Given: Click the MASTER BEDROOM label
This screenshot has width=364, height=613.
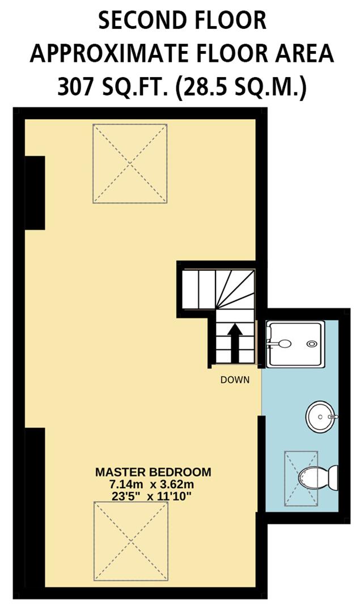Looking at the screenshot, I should pos(153,472).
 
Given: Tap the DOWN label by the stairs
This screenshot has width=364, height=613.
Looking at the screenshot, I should pos(235,380).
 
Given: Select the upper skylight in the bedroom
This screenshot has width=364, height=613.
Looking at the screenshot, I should pos(130,163).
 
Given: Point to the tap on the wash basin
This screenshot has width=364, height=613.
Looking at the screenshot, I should pos(333,417).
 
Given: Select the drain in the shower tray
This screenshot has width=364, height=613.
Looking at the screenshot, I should pos(311,343).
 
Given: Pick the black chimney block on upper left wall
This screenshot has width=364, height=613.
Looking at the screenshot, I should pos(35,192).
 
